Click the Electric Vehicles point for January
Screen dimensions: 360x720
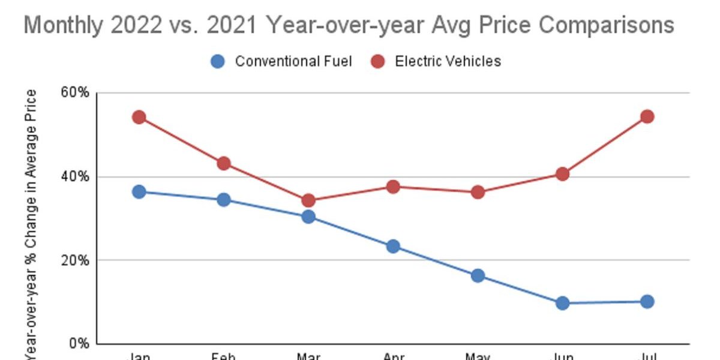click(139, 117)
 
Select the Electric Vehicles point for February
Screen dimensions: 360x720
click(224, 163)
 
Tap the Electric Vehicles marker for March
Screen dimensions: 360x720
click(308, 200)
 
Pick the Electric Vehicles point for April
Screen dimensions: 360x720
click(393, 187)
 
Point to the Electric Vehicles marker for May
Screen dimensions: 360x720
click(478, 193)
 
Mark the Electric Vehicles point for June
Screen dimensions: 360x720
click(562, 174)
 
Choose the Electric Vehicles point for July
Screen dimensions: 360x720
click(647, 116)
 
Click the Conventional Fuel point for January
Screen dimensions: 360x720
click(139, 192)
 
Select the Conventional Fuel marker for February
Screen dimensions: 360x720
click(224, 200)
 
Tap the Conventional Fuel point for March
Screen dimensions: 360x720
click(308, 217)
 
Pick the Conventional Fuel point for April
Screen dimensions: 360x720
click(393, 246)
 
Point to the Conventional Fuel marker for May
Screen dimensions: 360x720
click(478, 276)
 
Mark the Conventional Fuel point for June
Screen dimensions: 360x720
click(562, 303)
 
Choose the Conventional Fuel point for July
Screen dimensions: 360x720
click(647, 301)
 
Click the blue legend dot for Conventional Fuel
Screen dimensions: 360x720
click(218, 61)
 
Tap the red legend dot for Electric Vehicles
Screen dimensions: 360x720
click(377, 61)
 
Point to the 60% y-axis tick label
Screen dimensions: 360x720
click(74, 94)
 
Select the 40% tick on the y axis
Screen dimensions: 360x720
click(74, 177)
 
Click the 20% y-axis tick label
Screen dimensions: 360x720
click(74, 260)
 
